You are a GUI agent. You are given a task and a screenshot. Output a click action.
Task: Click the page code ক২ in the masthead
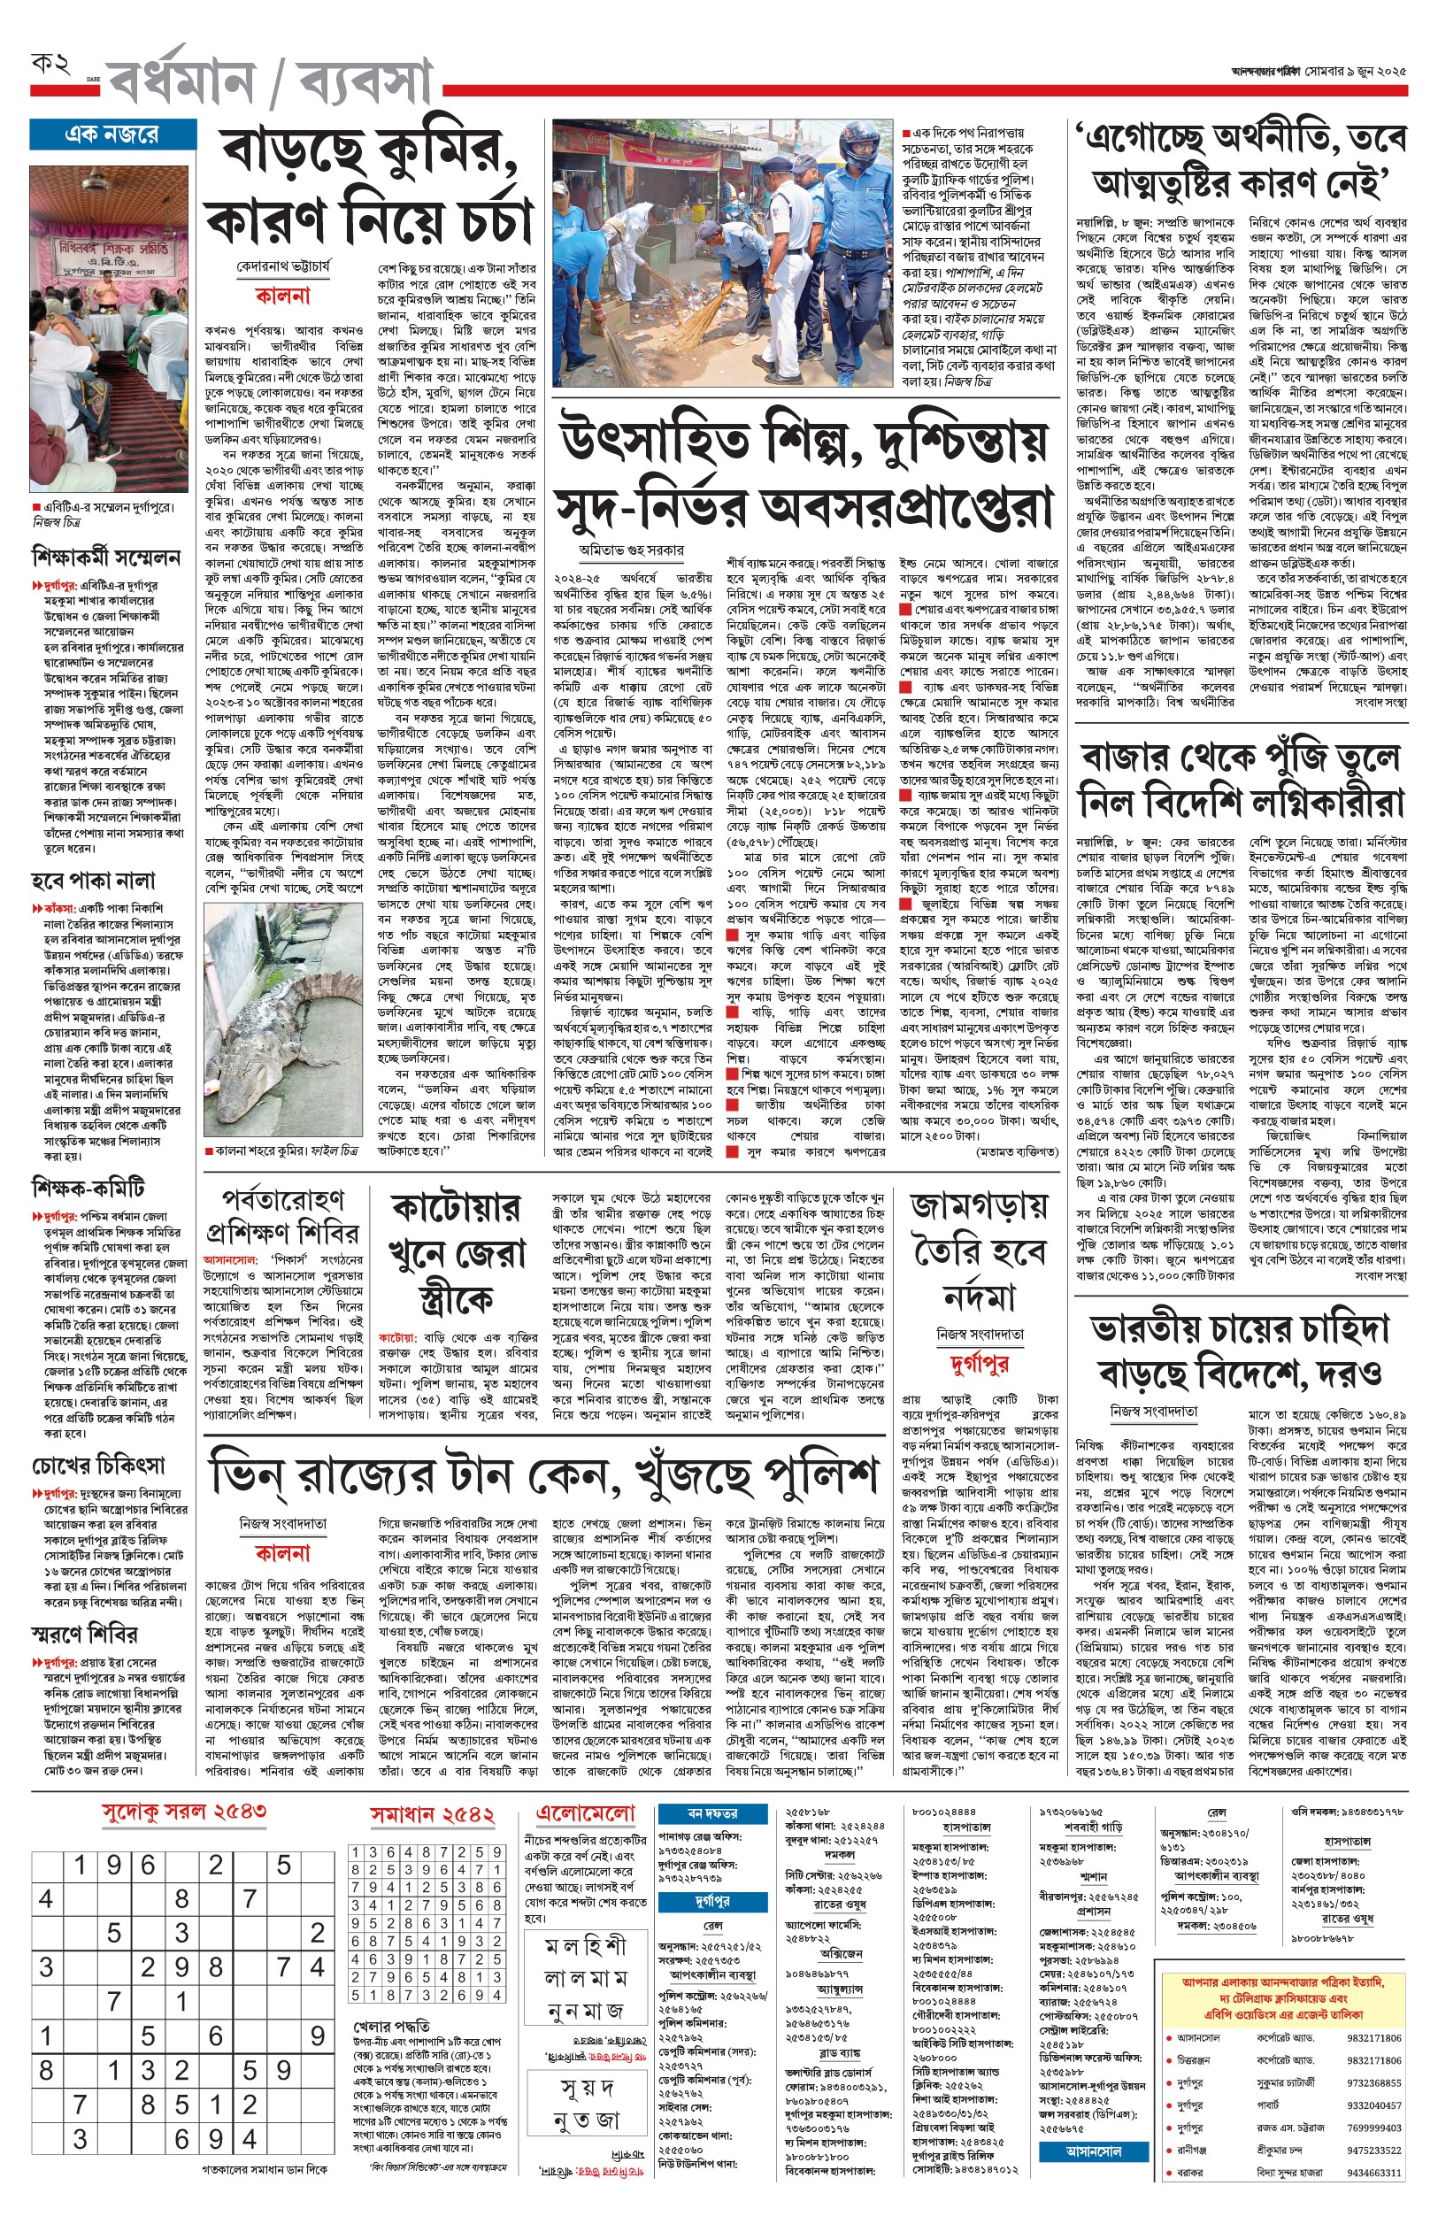[x=50, y=65]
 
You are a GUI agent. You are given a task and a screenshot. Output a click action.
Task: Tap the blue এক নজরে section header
[x=112, y=135]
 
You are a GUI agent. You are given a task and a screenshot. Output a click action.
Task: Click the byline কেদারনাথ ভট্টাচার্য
[x=283, y=266]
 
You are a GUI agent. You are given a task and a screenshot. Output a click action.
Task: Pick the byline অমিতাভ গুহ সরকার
[x=631, y=550]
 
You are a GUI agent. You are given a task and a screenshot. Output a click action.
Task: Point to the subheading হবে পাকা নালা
[x=94, y=881]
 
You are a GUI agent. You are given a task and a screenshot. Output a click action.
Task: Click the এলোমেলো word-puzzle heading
[x=586, y=1812]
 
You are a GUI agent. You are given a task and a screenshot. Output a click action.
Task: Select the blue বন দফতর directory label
[x=711, y=1812]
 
